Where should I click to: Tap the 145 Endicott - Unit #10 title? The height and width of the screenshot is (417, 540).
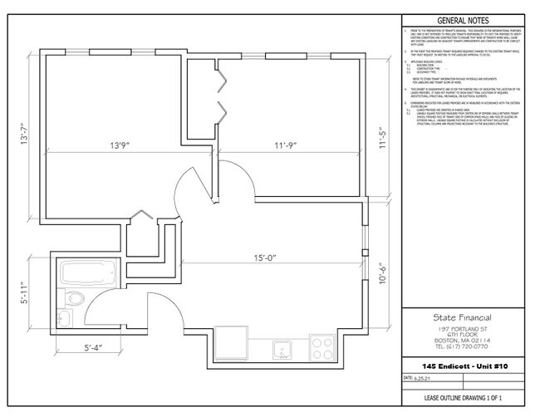[x=464, y=365]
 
